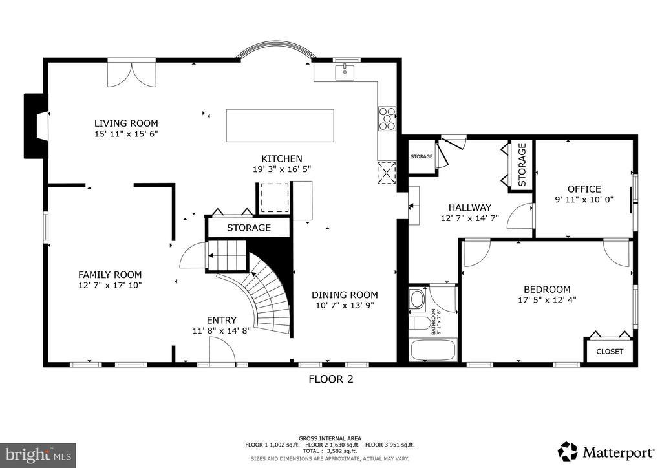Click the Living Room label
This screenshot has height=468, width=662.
[x=126, y=123]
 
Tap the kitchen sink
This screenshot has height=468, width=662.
[x=345, y=72]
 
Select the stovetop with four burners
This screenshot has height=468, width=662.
[x=387, y=119]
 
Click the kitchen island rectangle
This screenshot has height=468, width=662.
[x=280, y=125]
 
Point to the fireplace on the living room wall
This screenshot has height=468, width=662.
[x=36, y=126]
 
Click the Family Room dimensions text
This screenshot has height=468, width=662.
[x=110, y=285]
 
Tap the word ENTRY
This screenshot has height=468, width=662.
[x=221, y=321]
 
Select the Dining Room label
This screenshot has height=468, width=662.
[x=345, y=295]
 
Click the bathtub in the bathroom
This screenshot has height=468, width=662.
[x=432, y=350]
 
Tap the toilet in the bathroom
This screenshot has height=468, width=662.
[x=419, y=323]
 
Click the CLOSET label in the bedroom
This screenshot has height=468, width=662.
[x=610, y=352]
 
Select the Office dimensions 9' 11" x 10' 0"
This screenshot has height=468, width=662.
[x=584, y=200]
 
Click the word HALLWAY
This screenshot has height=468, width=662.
[x=469, y=207]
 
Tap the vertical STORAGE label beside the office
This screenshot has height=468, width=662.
[x=522, y=165]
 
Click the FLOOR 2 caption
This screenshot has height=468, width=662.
[x=330, y=379]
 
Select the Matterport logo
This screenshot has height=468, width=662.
[x=605, y=452]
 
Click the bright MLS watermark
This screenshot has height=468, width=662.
[x=38, y=455]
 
